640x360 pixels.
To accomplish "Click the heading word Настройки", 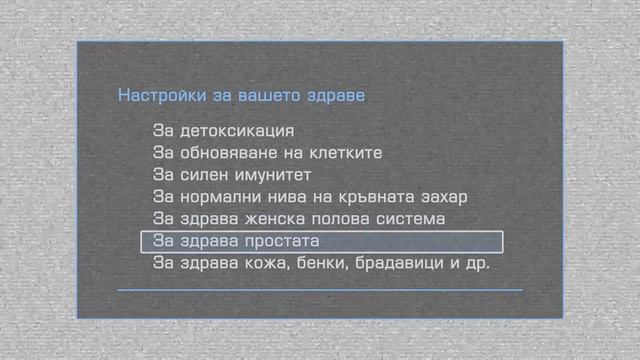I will coord(155,97).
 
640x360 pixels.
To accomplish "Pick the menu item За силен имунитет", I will coord(233,175).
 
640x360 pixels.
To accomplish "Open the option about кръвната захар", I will coord(310,197).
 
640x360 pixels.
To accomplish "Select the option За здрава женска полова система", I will coord(299,219).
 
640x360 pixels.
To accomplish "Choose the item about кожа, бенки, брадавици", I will coord(320,263).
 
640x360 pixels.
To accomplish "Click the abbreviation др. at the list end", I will coord(476,263).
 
